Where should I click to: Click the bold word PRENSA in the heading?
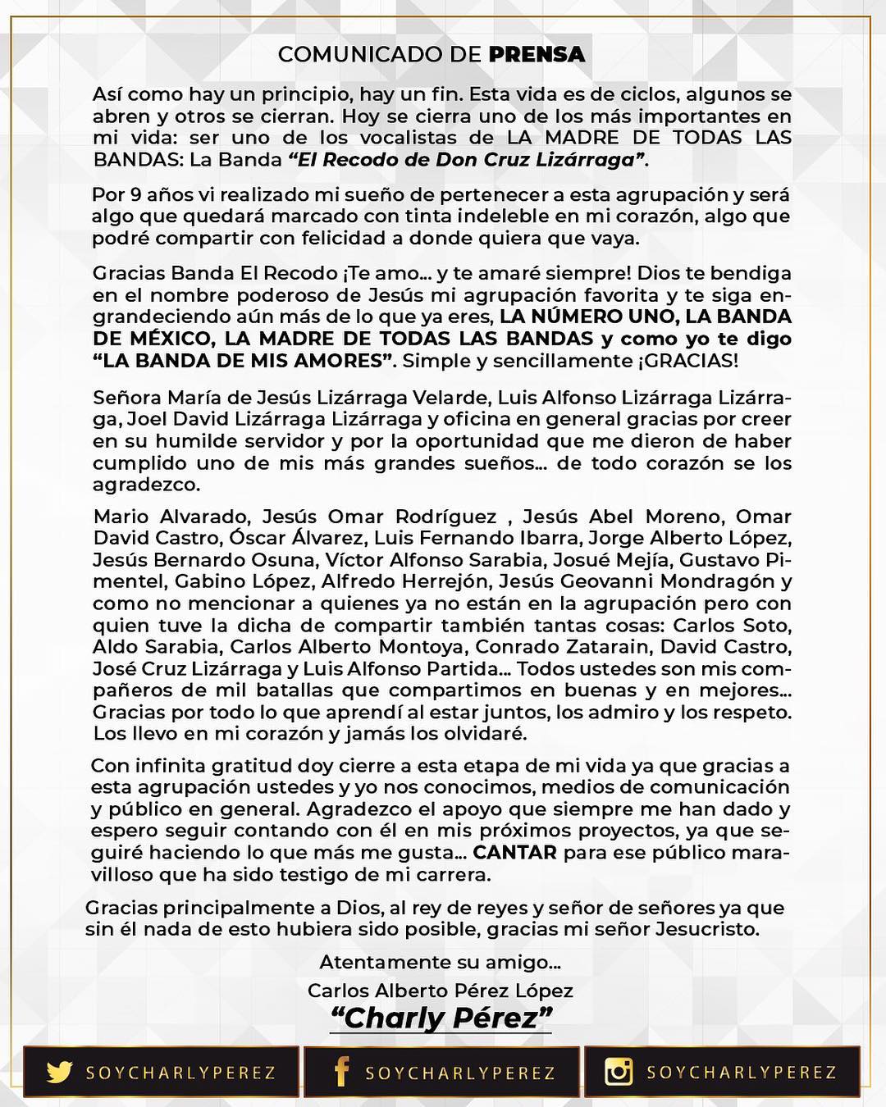pyautogui.click(x=537, y=54)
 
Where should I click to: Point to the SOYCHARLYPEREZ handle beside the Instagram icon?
pyautogui.click(x=742, y=1072)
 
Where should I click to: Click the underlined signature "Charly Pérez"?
pyautogui.click(x=441, y=1018)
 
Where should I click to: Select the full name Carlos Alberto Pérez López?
pyautogui.click(x=441, y=990)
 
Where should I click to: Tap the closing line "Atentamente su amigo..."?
pyautogui.click(x=441, y=962)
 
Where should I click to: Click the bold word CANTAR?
pyautogui.click(x=515, y=853)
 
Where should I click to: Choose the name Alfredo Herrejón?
pyautogui.click(x=395, y=581)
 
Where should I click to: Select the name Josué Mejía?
pyautogui.click(x=613, y=560)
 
